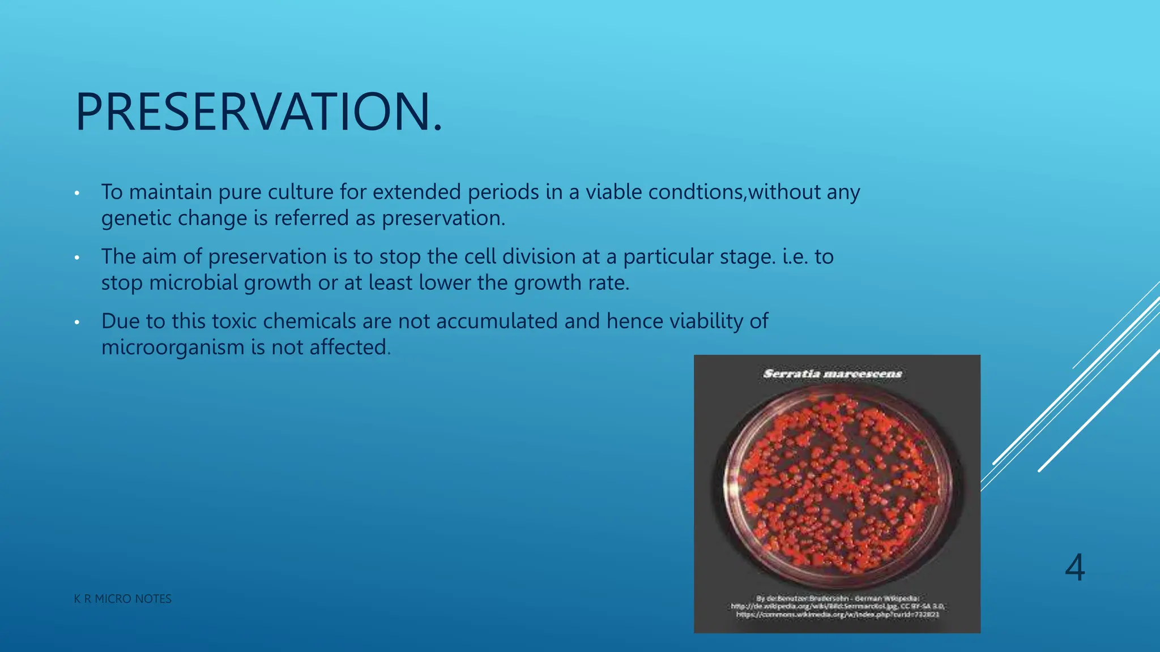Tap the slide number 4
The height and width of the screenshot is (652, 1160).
pyautogui.click(x=1074, y=568)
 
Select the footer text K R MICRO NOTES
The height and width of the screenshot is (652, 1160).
pyautogui.click(x=122, y=599)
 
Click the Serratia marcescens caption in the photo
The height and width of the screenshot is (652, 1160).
pyautogui.click(x=832, y=374)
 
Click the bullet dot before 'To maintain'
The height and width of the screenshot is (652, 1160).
pyautogui.click(x=77, y=194)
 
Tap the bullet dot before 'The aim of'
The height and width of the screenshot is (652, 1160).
pyautogui.click(x=77, y=258)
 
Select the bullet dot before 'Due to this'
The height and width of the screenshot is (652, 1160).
pyautogui.click(x=77, y=323)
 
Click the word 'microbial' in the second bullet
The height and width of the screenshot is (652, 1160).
pyautogui.click(x=193, y=283)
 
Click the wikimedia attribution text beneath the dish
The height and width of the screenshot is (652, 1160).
pyautogui.click(x=837, y=606)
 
